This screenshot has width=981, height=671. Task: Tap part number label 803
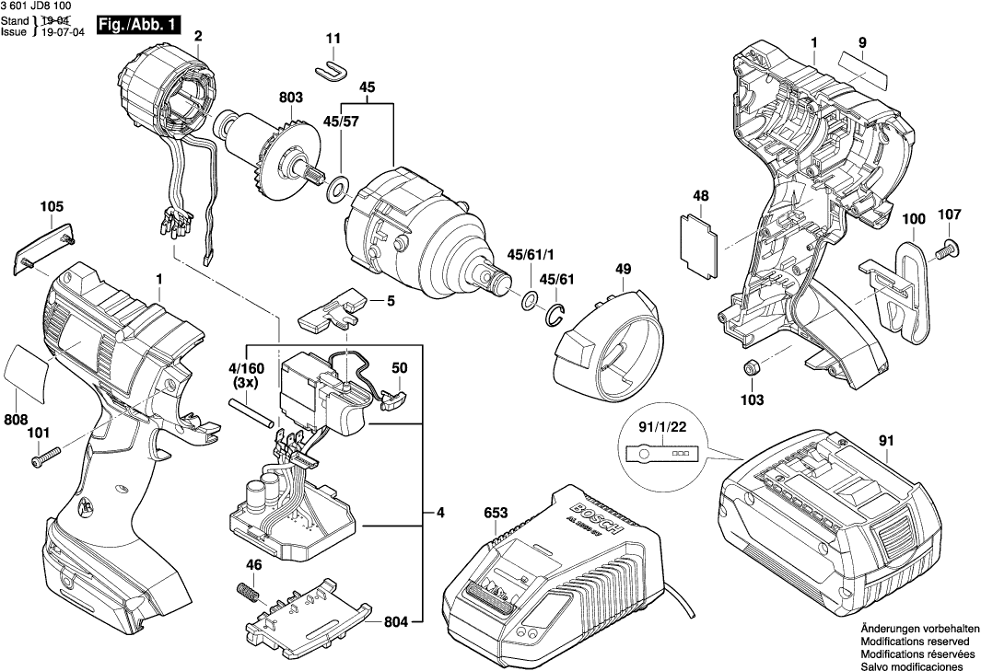[x=291, y=96]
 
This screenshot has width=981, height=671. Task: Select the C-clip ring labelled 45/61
[x=555, y=315]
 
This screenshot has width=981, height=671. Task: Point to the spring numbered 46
[x=248, y=590]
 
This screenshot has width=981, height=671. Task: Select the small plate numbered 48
[x=698, y=240]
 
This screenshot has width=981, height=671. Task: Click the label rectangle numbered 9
[x=863, y=68]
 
